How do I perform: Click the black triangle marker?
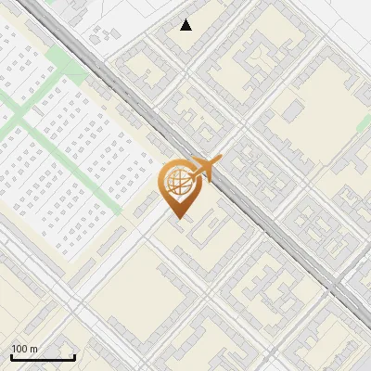click(x=186, y=25)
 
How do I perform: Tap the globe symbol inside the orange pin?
click(x=176, y=184)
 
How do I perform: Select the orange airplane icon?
click(x=207, y=169)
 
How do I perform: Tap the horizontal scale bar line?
click(x=43, y=357)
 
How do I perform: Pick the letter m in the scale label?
click(x=33, y=349)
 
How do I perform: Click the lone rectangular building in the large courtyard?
click(x=292, y=111)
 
